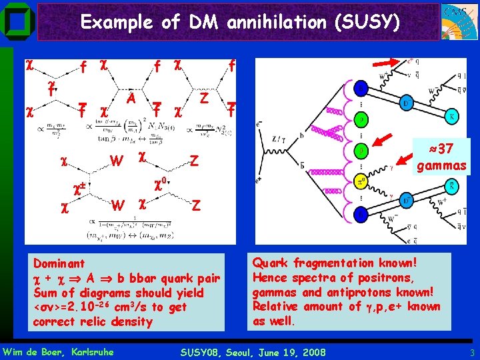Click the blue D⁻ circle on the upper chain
point(406,104)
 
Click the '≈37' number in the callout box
point(441,149)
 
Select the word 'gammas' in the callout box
point(441,164)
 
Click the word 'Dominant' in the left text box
point(59,263)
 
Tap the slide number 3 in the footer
point(471,351)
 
